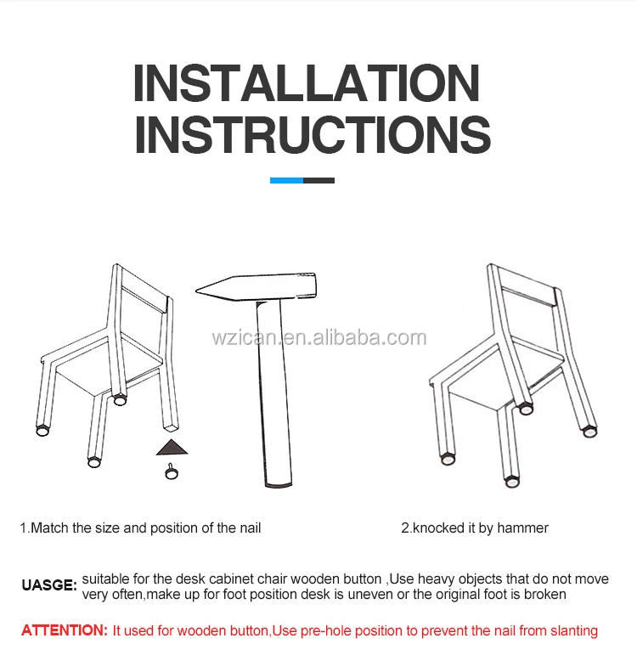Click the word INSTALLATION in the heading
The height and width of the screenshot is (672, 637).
pyautogui.click(x=307, y=82)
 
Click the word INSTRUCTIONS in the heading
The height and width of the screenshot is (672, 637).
pyautogui.click(x=313, y=134)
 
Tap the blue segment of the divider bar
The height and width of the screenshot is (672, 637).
pyautogui.click(x=286, y=180)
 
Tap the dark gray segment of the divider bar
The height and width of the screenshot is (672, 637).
pyautogui.click(x=318, y=180)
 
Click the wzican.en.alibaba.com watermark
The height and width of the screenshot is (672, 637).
pyautogui.click(x=319, y=338)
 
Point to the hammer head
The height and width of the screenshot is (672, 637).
pyautogui.click(x=256, y=287)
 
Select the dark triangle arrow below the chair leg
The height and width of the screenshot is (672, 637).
pyautogui.click(x=172, y=447)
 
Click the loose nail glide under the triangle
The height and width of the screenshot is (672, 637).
pyautogui.click(x=172, y=472)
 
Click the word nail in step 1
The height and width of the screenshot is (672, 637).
pyautogui.click(x=251, y=528)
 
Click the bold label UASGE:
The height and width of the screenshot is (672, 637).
pyautogui.click(x=49, y=585)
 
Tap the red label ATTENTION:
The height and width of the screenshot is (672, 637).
pyautogui.click(x=65, y=630)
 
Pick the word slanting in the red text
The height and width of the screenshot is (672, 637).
pyautogui.click(x=574, y=631)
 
